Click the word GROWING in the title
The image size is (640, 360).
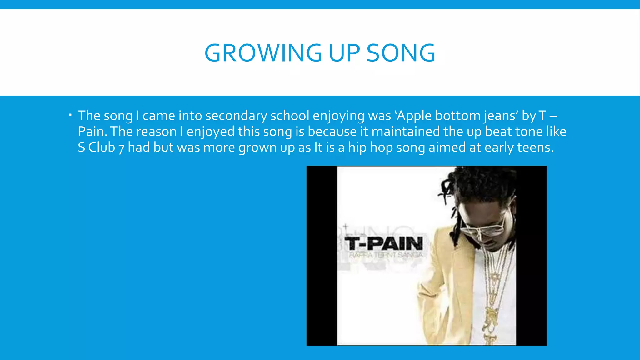tap(263, 53)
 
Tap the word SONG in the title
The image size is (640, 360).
tap(401, 53)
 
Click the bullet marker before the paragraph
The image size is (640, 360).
tap(70, 115)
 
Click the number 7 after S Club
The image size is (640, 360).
tap(122, 148)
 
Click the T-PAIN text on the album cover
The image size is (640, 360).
tap(384, 244)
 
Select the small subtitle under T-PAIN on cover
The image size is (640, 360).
tap(385, 255)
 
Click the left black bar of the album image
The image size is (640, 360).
tap(321, 256)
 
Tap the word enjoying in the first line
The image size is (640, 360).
tap(338, 116)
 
